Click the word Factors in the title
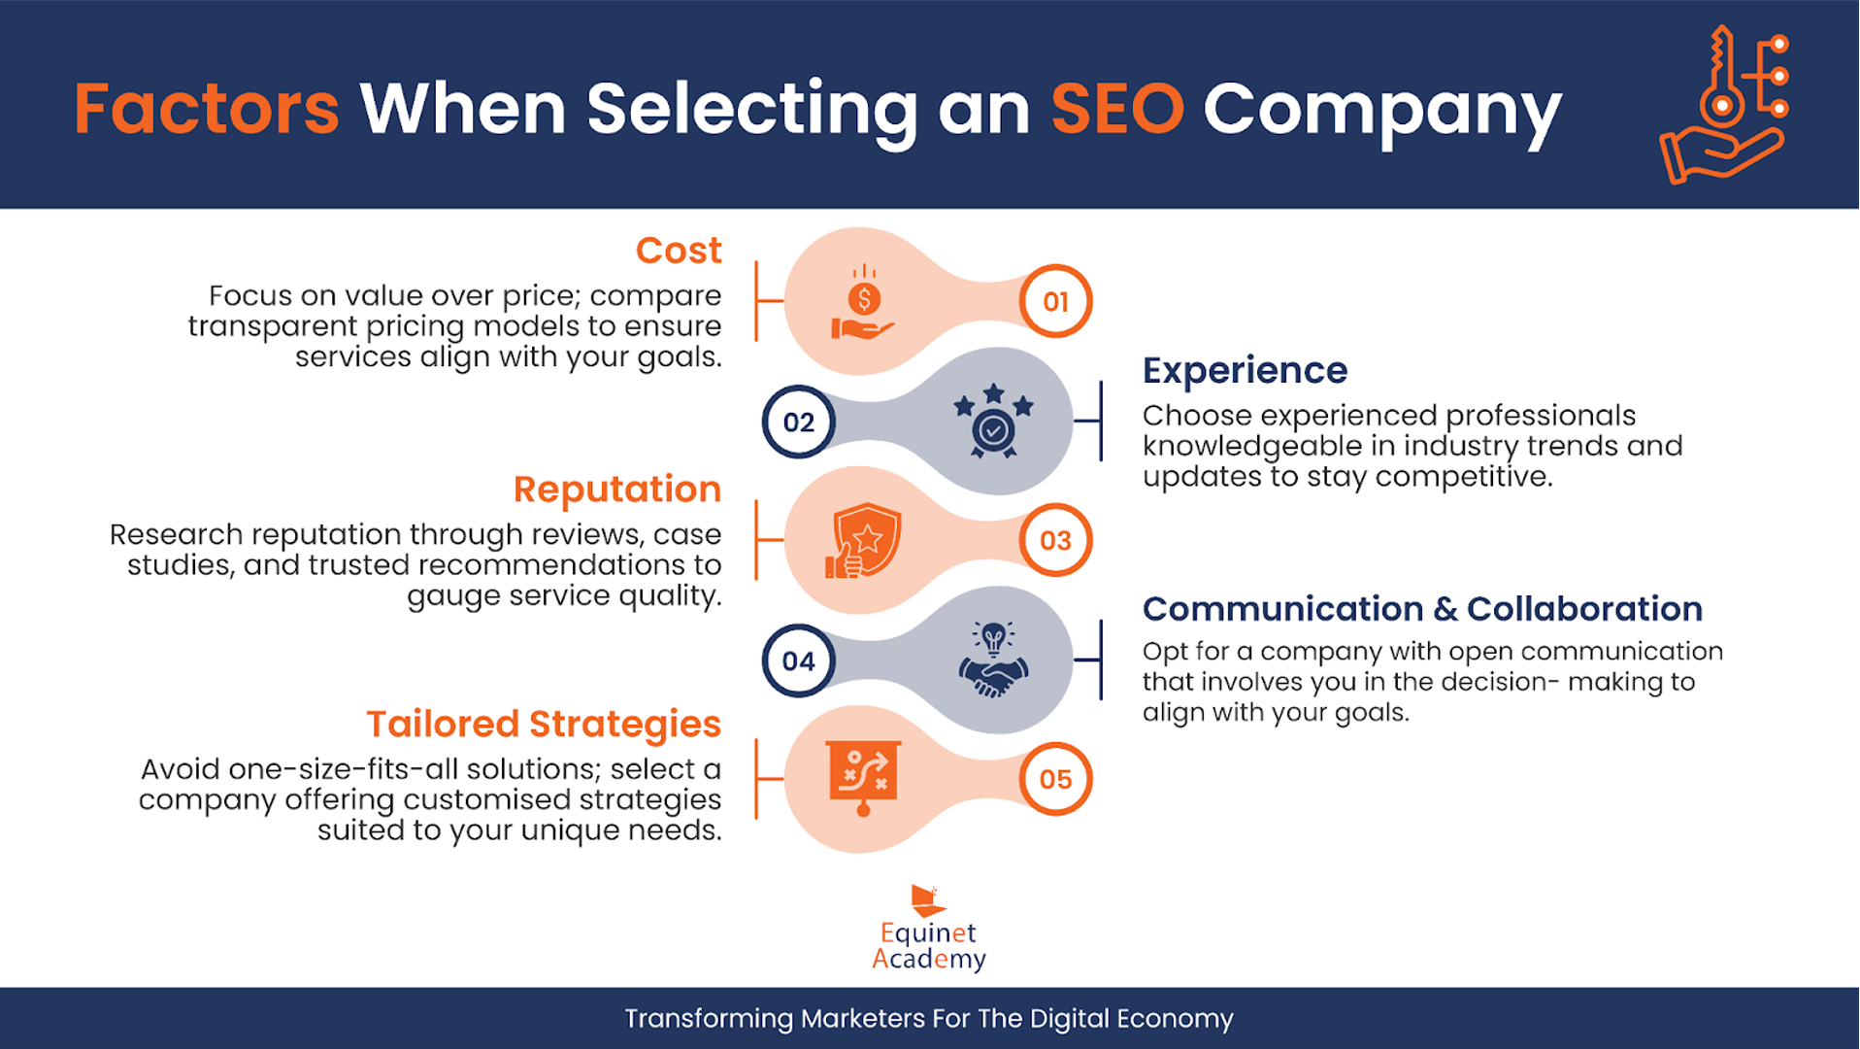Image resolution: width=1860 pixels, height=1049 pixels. tap(207, 108)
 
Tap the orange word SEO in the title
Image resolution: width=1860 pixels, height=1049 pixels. tap(1117, 108)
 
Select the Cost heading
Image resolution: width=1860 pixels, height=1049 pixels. tap(679, 251)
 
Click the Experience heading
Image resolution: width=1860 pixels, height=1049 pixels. tap(1245, 370)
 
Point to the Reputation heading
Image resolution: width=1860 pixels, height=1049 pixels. tap(617, 490)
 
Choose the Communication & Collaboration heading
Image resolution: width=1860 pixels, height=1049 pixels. tap(1422, 609)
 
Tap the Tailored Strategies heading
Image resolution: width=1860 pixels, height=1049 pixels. tap(544, 725)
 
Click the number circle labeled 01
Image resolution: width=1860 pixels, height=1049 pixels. tap(1055, 301)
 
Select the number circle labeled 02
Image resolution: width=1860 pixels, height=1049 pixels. tap(799, 422)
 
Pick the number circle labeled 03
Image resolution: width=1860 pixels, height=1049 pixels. tap(1055, 540)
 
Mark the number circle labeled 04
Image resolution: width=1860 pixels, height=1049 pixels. tap(799, 660)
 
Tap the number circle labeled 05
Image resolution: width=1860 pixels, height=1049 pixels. tap(1055, 779)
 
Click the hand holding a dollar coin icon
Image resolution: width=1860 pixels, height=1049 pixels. tap(863, 302)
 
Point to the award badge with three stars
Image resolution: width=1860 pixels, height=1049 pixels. tap(993, 421)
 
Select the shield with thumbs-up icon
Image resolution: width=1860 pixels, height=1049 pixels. tap(863, 540)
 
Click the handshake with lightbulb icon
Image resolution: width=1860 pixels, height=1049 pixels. tap(993, 660)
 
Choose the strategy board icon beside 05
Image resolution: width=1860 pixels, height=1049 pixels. tap(863, 778)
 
